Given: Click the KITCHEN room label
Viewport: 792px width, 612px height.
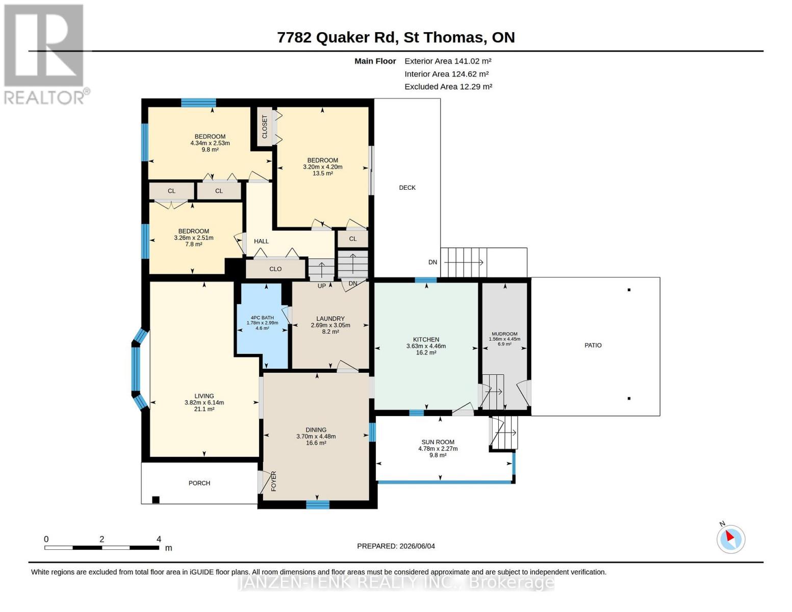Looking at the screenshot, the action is pyautogui.click(x=426, y=339).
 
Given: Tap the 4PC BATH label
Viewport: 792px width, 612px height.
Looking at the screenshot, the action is pyautogui.click(x=262, y=318).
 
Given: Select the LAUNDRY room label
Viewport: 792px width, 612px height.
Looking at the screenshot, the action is pyautogui.click(x=330, y=318).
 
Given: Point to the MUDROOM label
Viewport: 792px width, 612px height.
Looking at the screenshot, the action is pyautogui.click(x=504, y=334).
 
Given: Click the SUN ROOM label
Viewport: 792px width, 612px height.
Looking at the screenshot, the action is pyautogui.click(x=438, y=442).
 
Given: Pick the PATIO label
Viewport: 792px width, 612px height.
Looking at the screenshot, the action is pyautogui.click(x=593, y=345).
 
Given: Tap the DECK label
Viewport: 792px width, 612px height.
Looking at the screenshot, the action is pyautogui.click(x=407, y=187).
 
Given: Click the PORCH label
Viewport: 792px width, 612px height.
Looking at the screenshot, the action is pyautogui.click(x=199, y=483).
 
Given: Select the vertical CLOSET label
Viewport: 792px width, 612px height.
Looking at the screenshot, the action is pyautogui.click(x=265, y=126).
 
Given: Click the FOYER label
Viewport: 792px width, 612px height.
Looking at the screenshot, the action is pyautogui.click(x=274, y=481).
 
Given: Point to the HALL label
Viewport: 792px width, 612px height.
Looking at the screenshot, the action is pyautogui.click(x=261, y=241).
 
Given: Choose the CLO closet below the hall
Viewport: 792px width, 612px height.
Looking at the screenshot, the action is pyautogui.click(x=275, y=269).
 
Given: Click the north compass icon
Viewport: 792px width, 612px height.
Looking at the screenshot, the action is pyautogui.click(x=731, y=539).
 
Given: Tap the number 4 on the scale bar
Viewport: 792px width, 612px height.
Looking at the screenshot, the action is pyautogui.click(x=159, y=539).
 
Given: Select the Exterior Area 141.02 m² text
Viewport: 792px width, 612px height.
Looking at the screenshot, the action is pyautogui.click(x=448, y=61).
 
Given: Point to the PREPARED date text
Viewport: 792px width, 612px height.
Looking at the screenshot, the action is pyautogui.click(x=396, y=546).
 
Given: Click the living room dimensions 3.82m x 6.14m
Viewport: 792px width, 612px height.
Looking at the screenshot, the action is pyautogui.click(x=204, y=402).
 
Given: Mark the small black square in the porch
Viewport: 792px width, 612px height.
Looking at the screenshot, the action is pyautogui.click(x=156, y=500).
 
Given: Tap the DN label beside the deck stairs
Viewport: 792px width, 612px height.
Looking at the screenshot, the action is pyautogui.click(x=432, y=262).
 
